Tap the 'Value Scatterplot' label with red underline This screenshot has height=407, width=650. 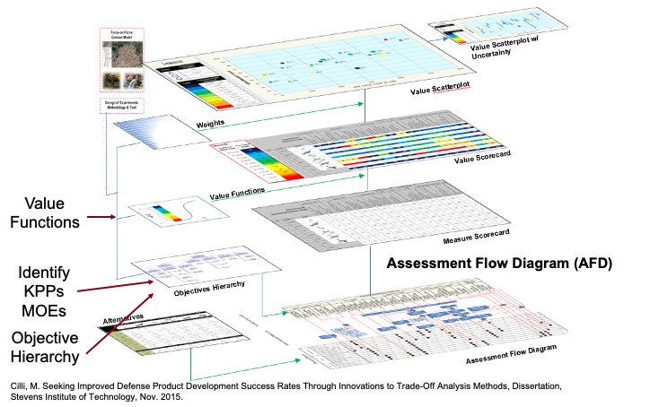tap(441, 89)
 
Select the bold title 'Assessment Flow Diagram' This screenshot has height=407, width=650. tap(478, 264)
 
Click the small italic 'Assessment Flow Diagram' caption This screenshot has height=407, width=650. tap(512, 352)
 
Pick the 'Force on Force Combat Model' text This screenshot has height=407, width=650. tap(122, 36)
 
